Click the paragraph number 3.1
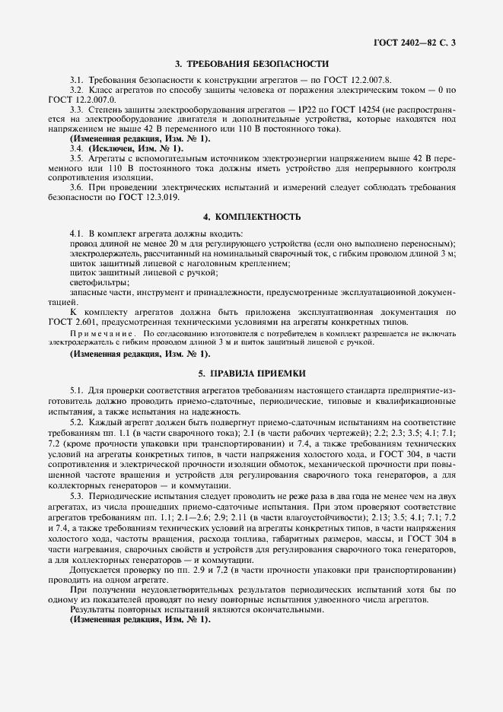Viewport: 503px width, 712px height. point(77,80)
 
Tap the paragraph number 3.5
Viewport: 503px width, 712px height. point(77,158)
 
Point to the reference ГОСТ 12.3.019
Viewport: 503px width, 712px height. point(153,196)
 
